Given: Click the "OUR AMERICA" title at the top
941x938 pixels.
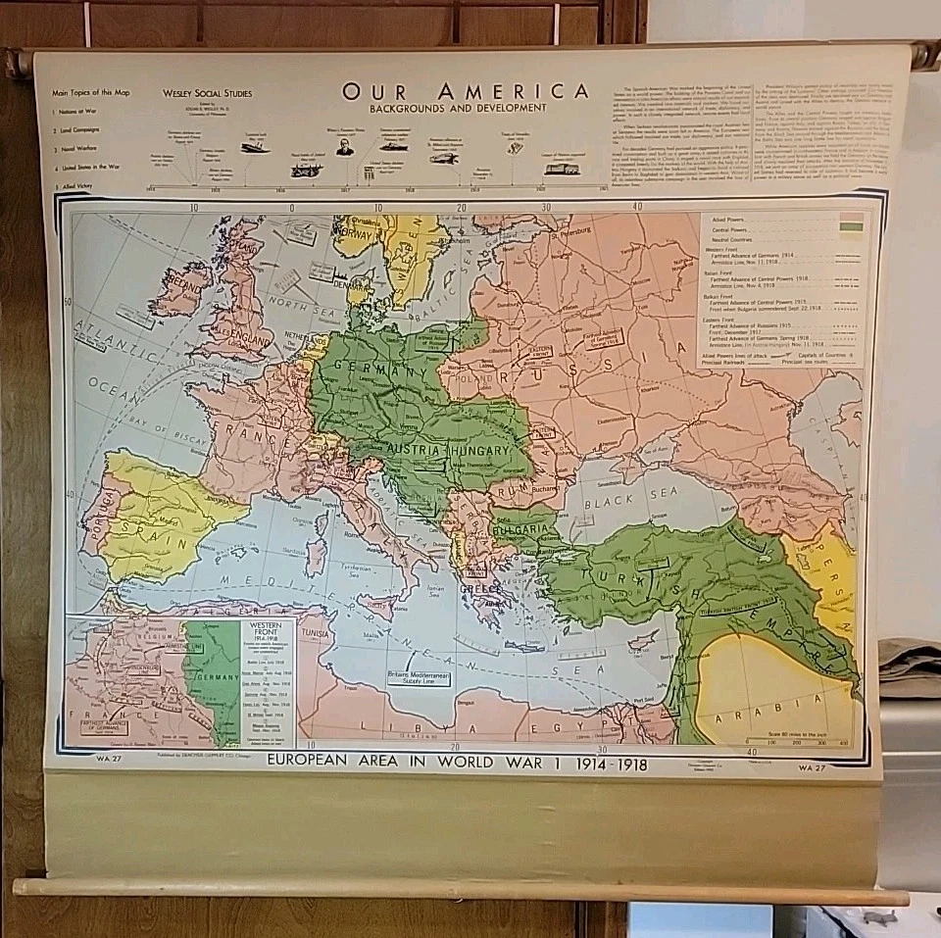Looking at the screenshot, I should pyautogui.click(x=466, y=91).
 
